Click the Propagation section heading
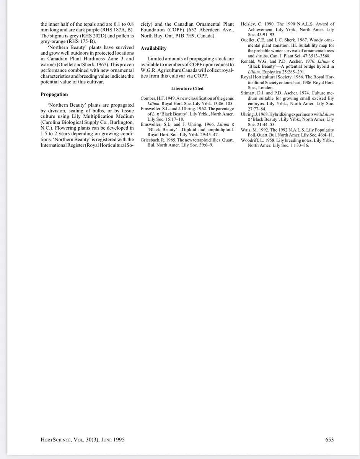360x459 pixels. [x=54, y=94]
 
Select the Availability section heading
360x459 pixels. [x=153, y=48]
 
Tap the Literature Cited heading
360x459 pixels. [x=187, y=88]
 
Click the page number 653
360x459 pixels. [x=329, y=439]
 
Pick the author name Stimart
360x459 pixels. [x=250, y=93]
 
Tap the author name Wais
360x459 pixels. [x=246, y=130]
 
